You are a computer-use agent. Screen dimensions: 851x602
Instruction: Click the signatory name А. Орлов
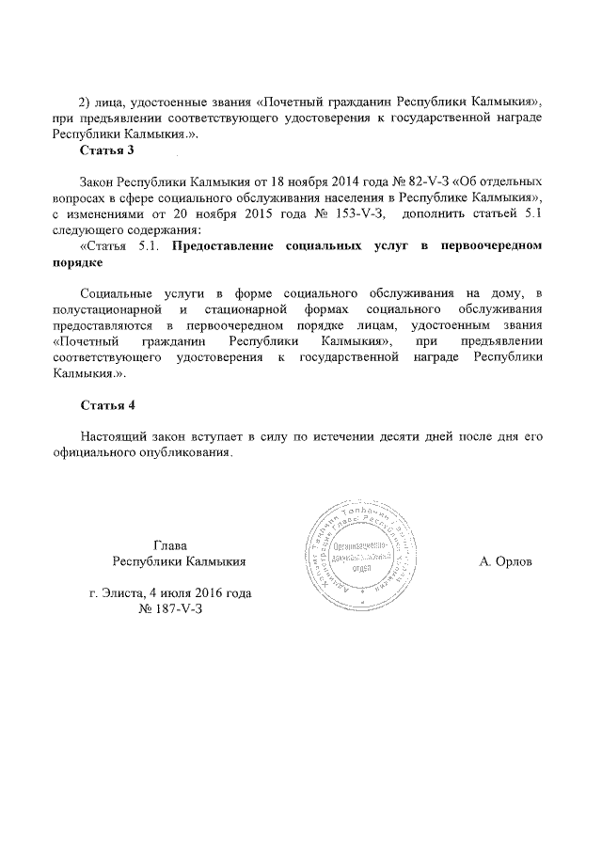coord(505,561)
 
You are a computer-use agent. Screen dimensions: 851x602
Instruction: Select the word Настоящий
coord(112,436)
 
